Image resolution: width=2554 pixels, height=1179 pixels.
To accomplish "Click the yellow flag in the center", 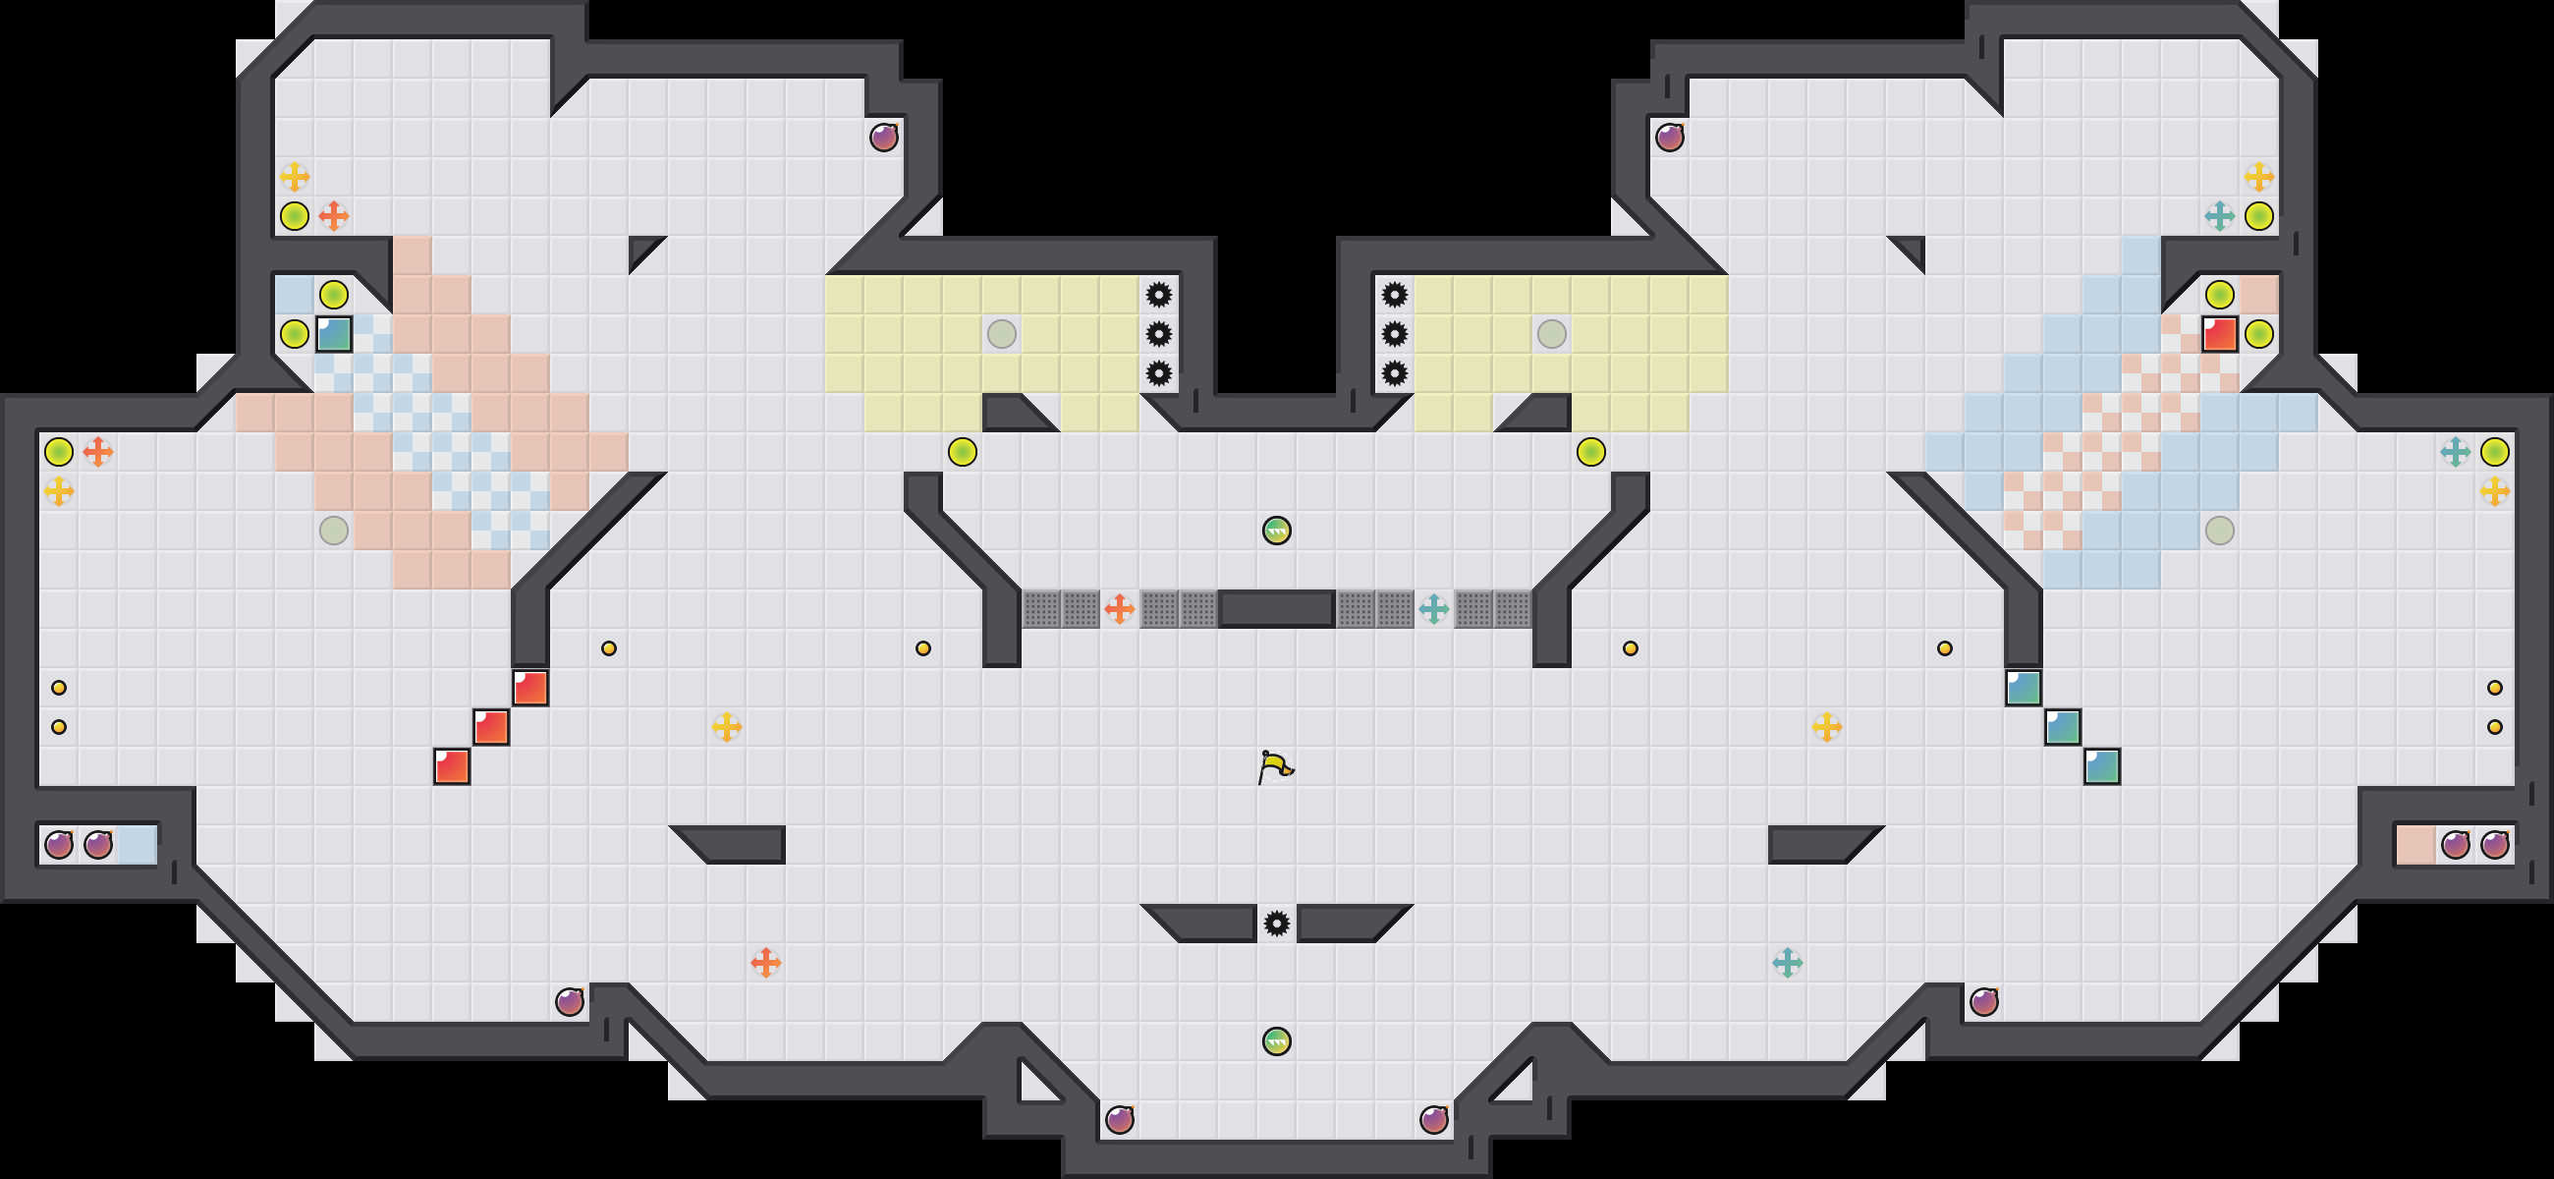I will [x=1275, y=766].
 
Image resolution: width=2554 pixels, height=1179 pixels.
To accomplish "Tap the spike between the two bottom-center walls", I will [x=1276, y=925].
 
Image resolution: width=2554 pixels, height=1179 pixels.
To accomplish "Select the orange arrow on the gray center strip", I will [x=1120, y=609].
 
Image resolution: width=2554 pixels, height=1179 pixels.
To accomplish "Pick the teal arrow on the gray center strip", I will [x=1433, y=609].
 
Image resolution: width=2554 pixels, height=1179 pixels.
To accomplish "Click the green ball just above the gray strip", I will [x=1276, y=531].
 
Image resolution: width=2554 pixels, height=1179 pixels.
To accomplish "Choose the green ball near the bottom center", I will [x=1276, y=1041].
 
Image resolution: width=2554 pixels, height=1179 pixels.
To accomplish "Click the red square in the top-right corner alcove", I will [x=2219, y=334].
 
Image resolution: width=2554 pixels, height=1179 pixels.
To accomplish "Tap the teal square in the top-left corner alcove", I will [x=334, y=334].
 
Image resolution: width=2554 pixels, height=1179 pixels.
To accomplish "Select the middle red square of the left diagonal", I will [x=491, y=727].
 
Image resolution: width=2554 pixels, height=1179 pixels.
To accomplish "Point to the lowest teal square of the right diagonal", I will [x=2102, y=766].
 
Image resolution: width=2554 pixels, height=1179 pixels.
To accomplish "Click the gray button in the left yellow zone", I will [x=1001, y=334].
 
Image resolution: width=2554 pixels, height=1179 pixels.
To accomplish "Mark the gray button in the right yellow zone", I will [x=1552, y=334].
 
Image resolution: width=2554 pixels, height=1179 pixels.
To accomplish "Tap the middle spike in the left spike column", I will [x=1158, y=334].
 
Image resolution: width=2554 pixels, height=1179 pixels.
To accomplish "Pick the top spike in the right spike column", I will [x=1394, y=295].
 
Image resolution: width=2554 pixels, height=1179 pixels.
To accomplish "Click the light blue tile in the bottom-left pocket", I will [x=137, y=845].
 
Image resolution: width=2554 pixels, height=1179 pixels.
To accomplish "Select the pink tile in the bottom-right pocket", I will [x=2415, y=845].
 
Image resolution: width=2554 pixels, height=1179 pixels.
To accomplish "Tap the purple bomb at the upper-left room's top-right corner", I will [x=883, y=137].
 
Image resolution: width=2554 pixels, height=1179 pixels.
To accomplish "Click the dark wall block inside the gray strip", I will [x=1276, y=609].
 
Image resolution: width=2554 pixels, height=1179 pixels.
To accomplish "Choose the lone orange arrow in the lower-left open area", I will [x=765, y=962].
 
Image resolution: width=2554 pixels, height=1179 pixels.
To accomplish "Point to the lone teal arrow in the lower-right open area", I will [x=1787, y=962].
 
